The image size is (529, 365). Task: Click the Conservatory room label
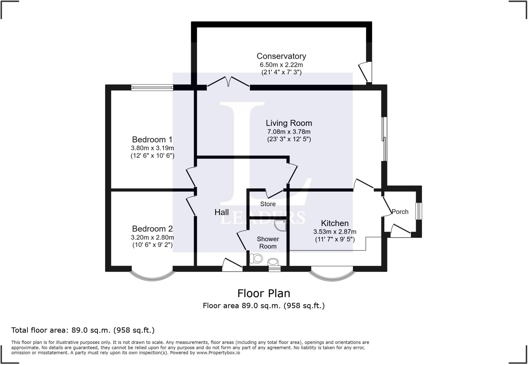[281, 56]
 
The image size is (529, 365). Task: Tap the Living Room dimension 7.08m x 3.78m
[289, 132]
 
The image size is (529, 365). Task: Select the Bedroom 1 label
[152, 140]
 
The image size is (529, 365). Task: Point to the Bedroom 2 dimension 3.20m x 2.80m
[152, 237]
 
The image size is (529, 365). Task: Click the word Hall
[222, 212]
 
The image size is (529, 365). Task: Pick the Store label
[268, 204]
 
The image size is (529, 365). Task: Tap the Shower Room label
[268, 243]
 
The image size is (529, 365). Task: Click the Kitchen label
[335, 223]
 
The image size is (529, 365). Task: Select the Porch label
[400, 212]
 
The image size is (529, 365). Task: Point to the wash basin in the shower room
[273, 262]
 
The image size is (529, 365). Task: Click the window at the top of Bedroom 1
[152, 88]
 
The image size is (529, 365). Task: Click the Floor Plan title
[264, 293]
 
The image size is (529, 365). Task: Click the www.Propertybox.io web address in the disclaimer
[218, 353]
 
